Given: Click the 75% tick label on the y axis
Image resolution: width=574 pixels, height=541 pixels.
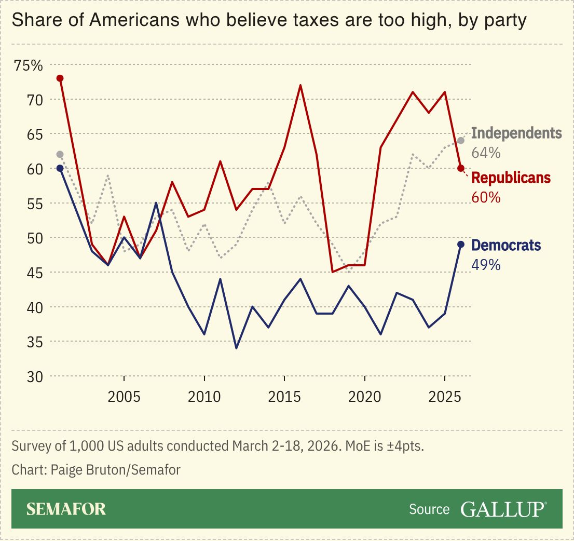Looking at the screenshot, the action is point(28,65).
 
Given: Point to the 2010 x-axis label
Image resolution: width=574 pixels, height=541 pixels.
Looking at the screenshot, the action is point(204,398).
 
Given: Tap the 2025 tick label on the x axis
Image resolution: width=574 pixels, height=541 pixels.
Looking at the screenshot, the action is point(445,398).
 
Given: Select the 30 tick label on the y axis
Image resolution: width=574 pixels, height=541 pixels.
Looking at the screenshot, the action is point(20,376).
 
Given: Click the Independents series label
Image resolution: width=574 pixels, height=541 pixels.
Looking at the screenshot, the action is point(516,133).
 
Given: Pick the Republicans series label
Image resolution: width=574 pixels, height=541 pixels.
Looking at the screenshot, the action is point(511,178).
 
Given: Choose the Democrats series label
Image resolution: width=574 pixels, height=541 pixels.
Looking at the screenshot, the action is point(505,245).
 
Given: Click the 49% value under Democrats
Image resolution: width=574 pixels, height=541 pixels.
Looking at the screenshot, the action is point(486,265).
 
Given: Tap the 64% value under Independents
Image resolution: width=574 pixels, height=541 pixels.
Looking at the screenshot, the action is point(486,153).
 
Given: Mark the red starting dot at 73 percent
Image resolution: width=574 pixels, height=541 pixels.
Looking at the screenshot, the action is point(60,78).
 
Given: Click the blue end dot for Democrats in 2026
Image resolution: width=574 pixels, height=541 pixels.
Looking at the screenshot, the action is point(460,245).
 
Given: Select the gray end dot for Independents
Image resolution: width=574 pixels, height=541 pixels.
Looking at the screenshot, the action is point(460,141).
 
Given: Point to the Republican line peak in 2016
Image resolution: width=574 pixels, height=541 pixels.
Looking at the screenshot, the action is point(300,85).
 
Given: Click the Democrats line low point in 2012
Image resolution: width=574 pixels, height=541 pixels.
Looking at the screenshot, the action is point(237,348).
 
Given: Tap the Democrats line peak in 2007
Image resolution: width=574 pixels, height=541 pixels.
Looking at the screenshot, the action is point(156,203).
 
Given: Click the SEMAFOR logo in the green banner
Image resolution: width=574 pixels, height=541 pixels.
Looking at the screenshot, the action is point(66,509).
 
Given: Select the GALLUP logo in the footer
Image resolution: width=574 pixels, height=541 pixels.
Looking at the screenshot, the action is point(503,509).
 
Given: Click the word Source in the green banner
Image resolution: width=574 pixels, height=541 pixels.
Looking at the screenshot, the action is point(429,509).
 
